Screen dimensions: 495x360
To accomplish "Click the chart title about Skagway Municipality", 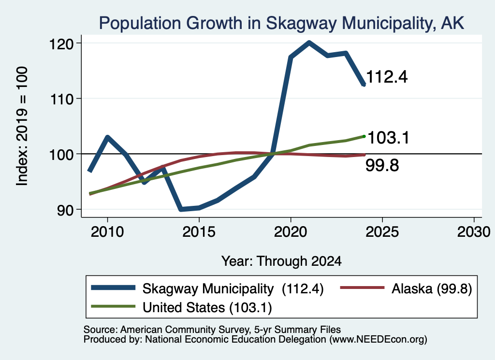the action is point(281,23).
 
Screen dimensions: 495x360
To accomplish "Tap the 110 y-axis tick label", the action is point(61,99).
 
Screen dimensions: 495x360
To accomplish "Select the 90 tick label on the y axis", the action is point(65,210).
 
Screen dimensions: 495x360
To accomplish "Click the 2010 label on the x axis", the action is point(107,232).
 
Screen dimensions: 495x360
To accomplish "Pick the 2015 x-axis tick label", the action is point(199,232).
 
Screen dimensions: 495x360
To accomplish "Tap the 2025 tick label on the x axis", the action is point(382,232).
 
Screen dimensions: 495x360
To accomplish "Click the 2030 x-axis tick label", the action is point(474,232).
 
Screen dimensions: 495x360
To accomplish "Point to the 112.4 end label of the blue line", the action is point(387,77).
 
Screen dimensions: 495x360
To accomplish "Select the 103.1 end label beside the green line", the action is point(388,138).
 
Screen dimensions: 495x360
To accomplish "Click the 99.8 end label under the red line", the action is point(382,165).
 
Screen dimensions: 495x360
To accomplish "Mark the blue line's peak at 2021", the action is point(309,43).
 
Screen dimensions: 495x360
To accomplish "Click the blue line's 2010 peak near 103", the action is point(108,137).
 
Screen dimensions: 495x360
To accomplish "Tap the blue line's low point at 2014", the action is point(181,209).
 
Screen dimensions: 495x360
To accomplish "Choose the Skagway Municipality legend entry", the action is point(207,288).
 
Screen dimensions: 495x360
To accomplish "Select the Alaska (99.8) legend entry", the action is point(406,288).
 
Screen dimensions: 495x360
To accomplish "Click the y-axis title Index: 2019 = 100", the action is point(22,126).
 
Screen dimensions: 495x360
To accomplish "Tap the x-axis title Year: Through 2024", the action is point(281,261).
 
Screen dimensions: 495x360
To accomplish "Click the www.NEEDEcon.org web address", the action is point(378,339).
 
